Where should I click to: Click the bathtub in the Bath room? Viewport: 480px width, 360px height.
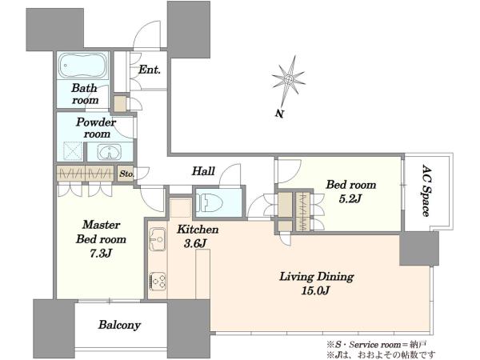pos(82,66)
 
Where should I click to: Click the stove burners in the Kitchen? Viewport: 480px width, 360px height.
pos(158,281)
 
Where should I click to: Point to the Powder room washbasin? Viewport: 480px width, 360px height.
pos(110,152)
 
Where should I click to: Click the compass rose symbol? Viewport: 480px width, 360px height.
pos(288,79)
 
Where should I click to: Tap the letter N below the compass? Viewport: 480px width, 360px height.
pos(279,114)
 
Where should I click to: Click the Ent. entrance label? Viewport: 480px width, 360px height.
pos(150,70)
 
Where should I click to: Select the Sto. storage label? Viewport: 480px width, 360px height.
pos(126,174)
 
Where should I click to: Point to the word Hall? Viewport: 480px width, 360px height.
pos(203,171)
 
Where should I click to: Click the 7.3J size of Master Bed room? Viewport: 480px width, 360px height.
pos(101,254)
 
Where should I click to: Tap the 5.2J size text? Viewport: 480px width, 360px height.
pos(350,199)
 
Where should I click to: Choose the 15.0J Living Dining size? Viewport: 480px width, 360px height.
pos(316,290)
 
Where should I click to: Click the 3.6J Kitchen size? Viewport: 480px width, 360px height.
pos(195,243)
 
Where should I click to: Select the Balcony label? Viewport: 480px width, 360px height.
pos(119,325)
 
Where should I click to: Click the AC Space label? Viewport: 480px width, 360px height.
pos(426,190)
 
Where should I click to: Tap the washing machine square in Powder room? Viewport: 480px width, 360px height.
pos(73,151)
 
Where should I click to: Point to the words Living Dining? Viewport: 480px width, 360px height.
pos(317,277)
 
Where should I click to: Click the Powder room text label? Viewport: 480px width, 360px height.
pos(97,128)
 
